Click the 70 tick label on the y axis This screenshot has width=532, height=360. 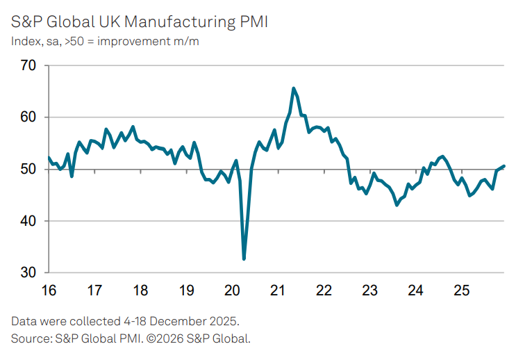28,66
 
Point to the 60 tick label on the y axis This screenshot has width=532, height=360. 28,117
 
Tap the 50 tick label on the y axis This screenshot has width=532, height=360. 28,170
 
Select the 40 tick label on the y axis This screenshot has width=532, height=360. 28,221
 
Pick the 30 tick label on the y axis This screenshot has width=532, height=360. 28,272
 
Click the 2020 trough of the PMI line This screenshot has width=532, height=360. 244,259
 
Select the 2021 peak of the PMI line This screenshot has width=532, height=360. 293,88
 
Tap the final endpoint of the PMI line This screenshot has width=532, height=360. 504,166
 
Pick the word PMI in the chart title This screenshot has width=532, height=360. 251,22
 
